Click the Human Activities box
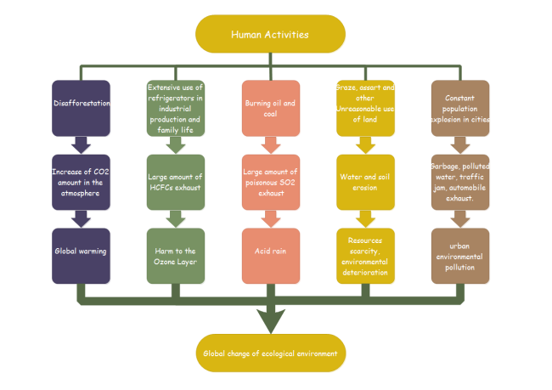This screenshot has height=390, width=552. point(270,34)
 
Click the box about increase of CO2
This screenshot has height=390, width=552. point(82,182)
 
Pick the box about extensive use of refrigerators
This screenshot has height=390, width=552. point(176,108)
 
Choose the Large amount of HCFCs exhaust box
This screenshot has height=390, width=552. point(176,182)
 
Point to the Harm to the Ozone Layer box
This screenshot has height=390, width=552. point(176,255)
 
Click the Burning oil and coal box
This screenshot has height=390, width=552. point(270,108)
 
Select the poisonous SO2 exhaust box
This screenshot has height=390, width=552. point(270,182)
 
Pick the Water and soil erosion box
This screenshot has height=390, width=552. point(365,182)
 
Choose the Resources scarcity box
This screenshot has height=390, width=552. point(365,255)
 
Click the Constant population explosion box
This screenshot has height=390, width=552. point(459,108)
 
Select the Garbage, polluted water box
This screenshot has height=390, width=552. point(459,182)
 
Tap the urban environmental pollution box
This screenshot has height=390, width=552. point(459,255)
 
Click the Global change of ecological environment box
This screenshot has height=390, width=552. point(270,353)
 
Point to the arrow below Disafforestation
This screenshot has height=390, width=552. point(82,144)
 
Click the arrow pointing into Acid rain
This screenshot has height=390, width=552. point(270,218)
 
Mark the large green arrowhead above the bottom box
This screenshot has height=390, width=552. point(270,320)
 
